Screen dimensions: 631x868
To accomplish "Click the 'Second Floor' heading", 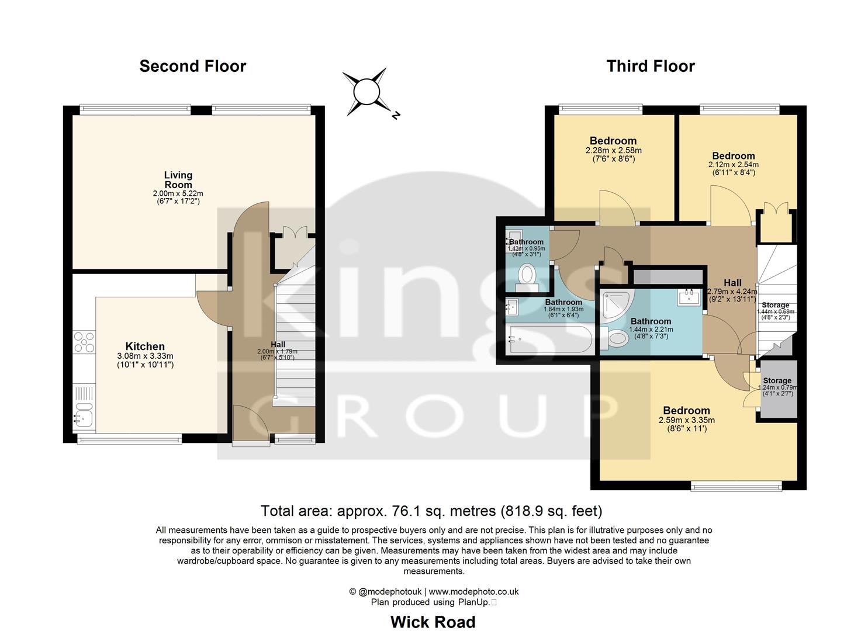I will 192,66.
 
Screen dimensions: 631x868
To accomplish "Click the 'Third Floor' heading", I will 650,66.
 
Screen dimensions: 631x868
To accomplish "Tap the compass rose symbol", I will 366,92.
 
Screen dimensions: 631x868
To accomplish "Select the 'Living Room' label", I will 178,180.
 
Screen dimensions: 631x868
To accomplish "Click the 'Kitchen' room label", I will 145,346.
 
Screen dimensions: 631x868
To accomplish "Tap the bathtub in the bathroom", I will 549,339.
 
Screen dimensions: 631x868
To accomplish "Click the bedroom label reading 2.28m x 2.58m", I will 613,141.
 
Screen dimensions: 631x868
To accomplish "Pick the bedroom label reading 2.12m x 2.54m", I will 733,156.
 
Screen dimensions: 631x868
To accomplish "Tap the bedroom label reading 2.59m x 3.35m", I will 686,411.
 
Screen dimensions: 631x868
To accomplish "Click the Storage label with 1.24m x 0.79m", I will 777,380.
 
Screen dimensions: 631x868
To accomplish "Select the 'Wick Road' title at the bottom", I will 433,622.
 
